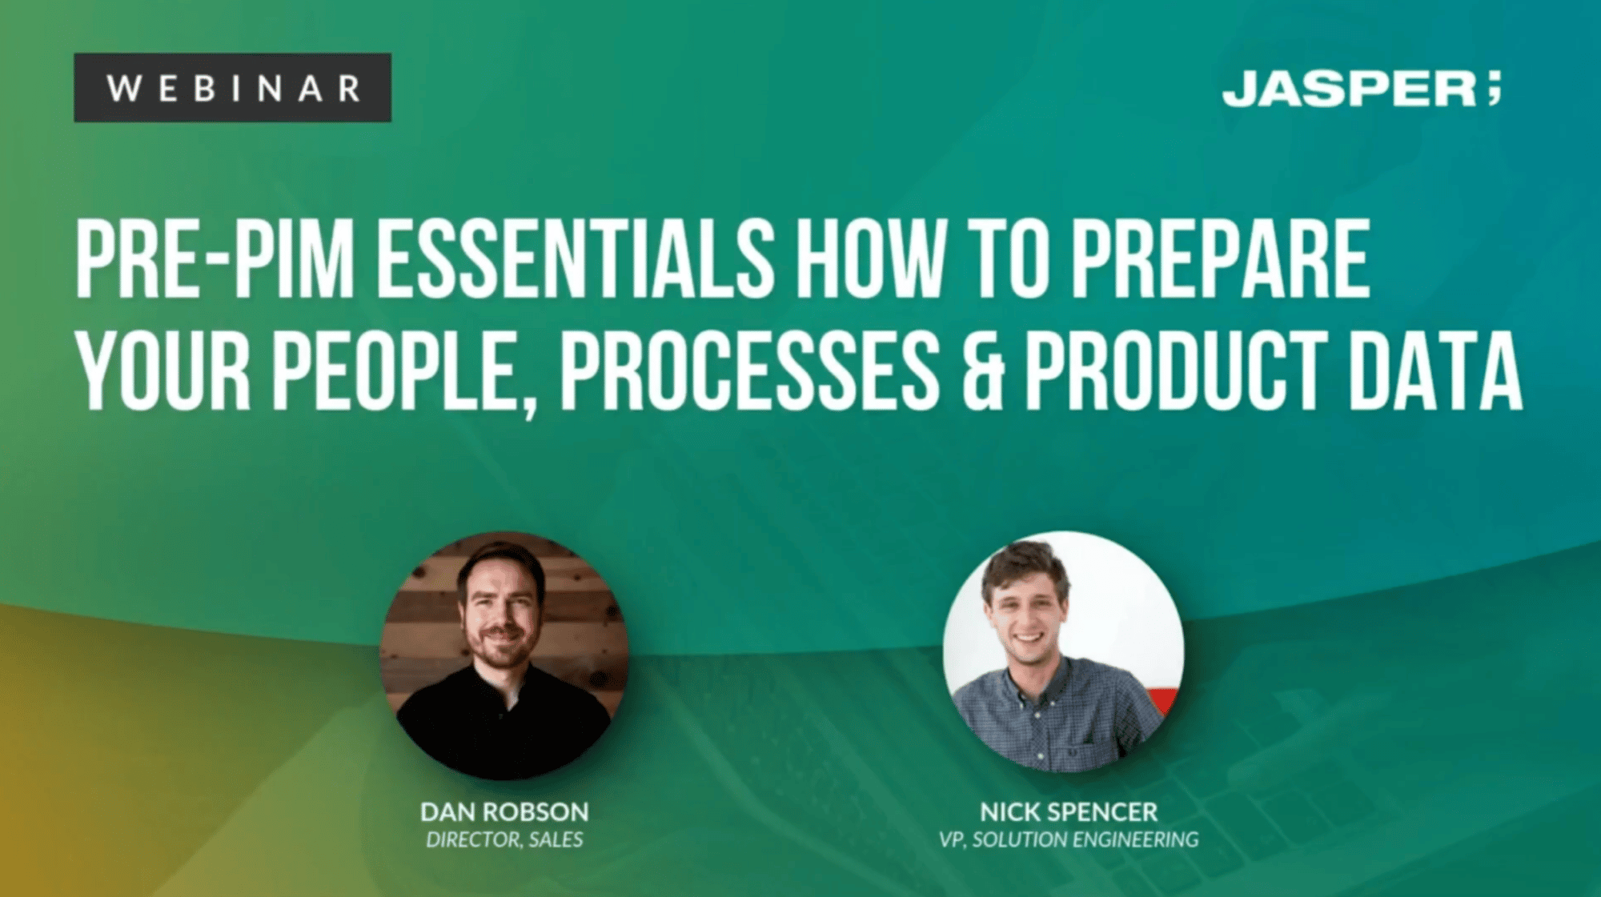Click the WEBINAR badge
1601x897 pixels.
pos(232,88)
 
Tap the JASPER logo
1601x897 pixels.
pos(1349,89)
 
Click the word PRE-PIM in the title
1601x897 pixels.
pos(215,259)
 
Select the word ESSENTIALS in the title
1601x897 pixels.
pos(575,259)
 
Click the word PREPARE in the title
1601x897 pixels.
pos(1220,259)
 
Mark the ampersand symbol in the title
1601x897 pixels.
pos(982,372)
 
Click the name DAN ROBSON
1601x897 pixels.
pos(504,812)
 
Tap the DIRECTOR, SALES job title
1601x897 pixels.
pos(504,839)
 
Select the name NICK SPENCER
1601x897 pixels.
pos(1069,812)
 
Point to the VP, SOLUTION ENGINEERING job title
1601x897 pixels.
pos(1069,839)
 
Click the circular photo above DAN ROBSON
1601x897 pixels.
pos(504,655)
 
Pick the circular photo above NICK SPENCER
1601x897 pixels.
pos(1063,652)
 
